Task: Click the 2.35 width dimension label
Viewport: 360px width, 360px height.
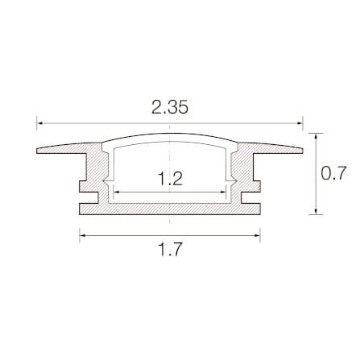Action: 170,107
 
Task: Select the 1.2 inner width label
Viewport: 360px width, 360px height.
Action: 171,179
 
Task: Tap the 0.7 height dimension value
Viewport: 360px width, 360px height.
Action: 334,173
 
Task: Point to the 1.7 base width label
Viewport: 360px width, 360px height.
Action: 171,250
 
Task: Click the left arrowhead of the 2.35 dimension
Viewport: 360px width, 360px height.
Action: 39,123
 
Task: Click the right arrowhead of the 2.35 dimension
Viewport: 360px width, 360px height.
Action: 300,123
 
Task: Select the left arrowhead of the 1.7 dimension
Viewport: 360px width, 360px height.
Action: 83,235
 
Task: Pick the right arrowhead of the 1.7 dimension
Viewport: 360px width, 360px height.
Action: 257,235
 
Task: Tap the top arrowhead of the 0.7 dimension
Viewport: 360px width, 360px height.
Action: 316,136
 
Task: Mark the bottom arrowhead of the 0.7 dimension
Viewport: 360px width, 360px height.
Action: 316,211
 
